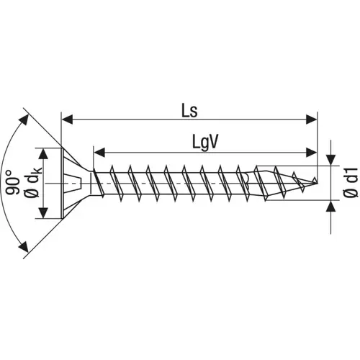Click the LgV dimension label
point(205,142)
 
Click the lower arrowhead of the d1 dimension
point(330,206)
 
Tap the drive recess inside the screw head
point(68,183)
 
